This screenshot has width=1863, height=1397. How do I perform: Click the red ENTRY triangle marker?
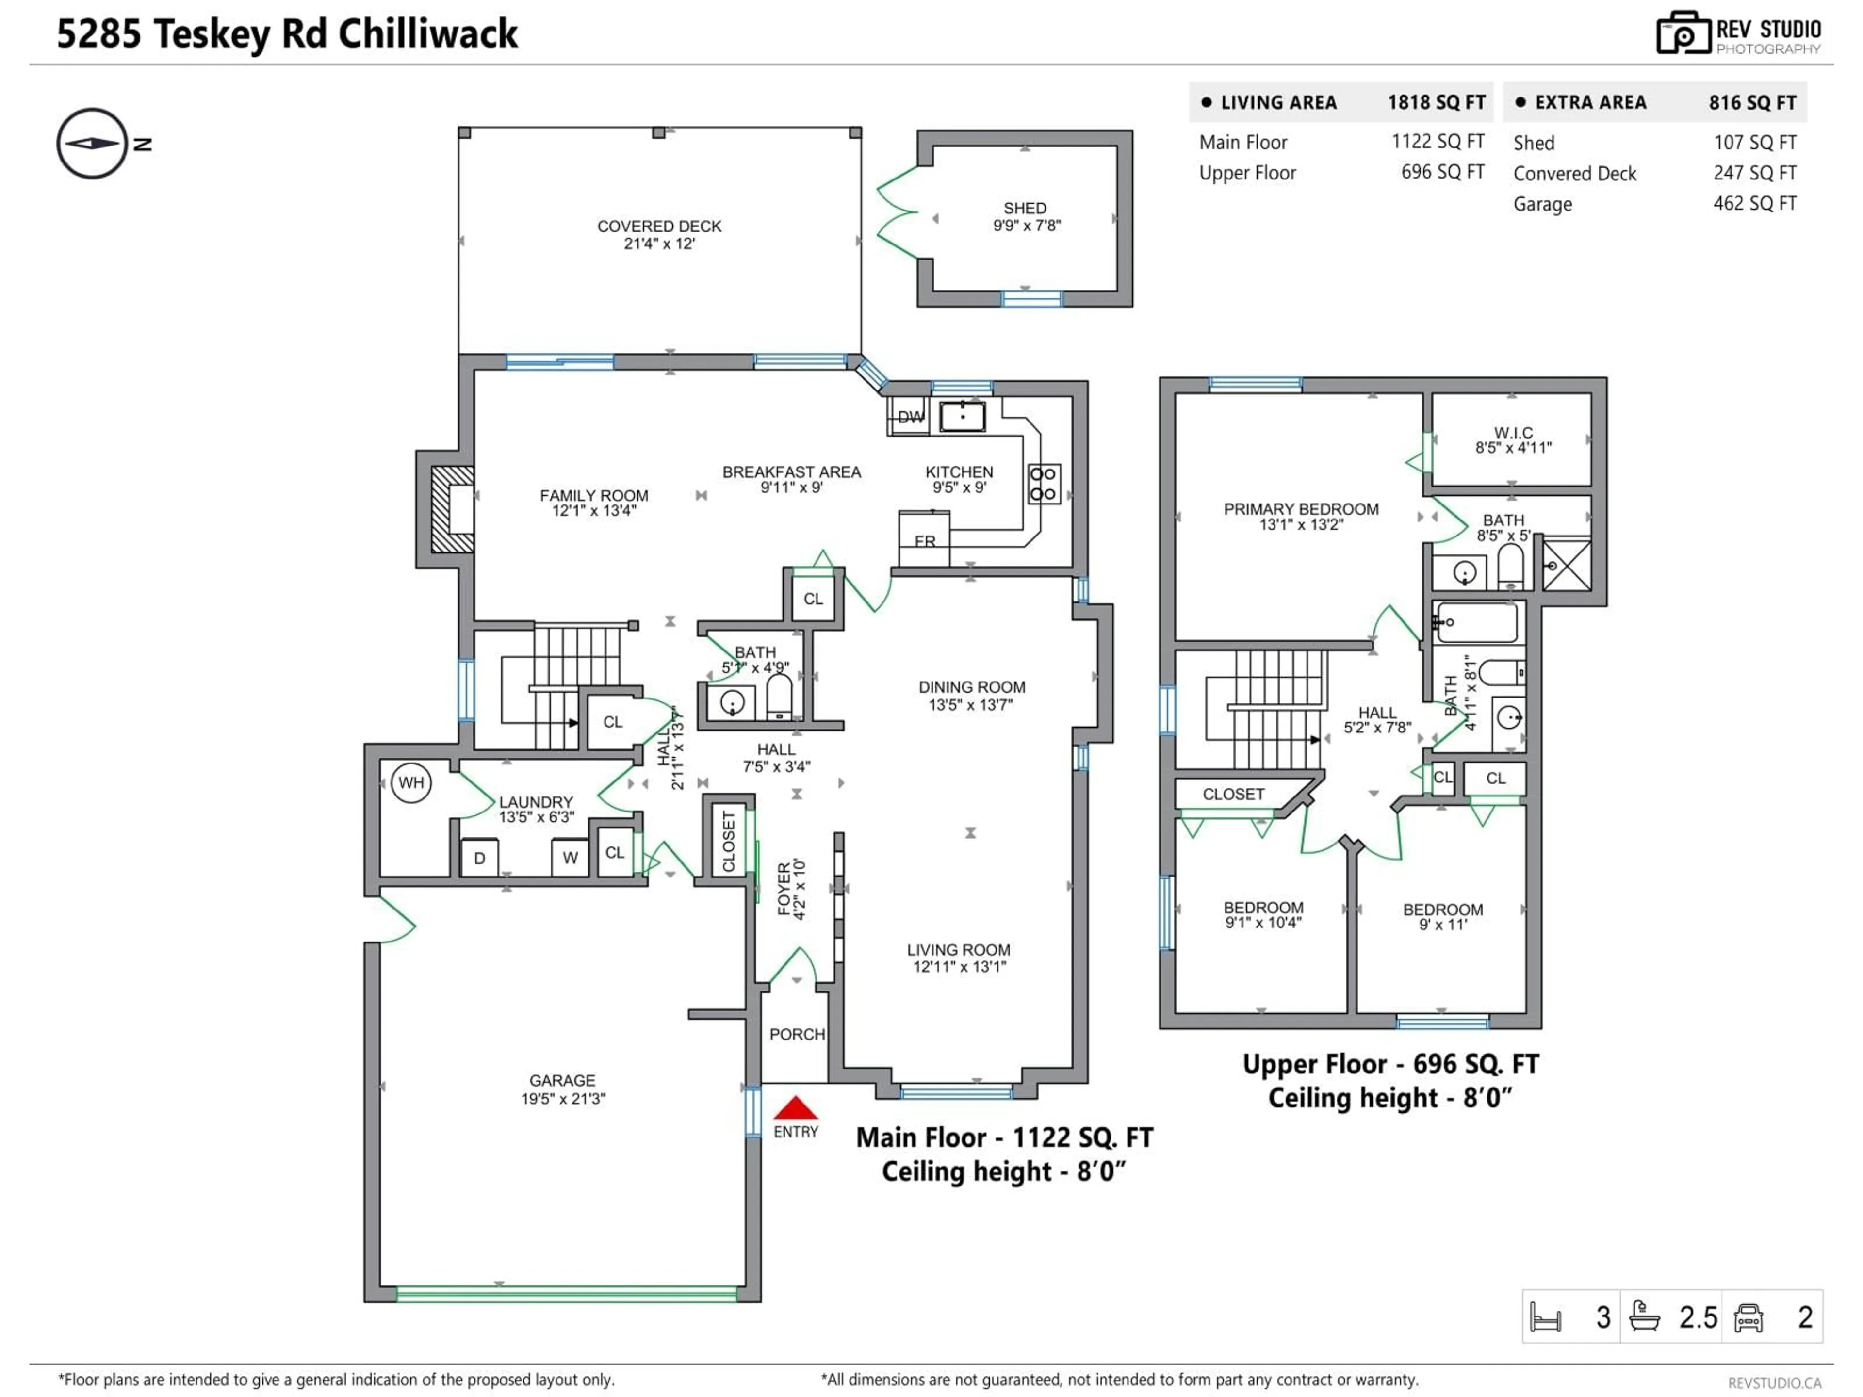click(795, 1108)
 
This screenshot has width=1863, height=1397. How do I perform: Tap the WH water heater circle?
click(411, 783)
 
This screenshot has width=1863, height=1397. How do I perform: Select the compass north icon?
click(93, 143)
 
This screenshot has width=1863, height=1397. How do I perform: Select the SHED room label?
click(1025, 208)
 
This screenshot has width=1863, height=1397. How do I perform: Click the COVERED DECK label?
click(659, 227)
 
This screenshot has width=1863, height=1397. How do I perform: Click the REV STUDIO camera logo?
click(1683, 33)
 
